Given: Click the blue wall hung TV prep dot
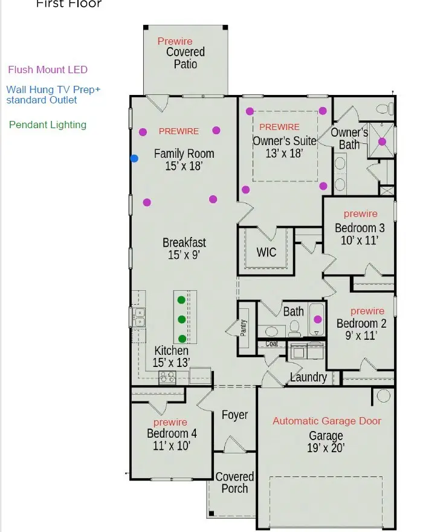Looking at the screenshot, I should [134, 158].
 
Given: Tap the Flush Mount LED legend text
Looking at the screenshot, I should [48, 70].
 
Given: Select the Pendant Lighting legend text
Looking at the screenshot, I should [48, 125].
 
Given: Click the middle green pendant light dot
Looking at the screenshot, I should [181, 319].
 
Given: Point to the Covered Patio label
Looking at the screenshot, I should [186, 58].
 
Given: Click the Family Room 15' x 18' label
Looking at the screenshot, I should [184, 160].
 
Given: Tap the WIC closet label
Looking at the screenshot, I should [267, 252].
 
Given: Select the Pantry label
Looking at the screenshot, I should [244, 328].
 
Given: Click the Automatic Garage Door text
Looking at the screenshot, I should [327, 421].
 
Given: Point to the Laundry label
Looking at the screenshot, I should [308, 377].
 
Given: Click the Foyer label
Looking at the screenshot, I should [234, 415].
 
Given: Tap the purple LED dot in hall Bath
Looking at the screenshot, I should [318, 320].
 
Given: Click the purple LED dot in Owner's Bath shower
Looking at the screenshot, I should [382, 141].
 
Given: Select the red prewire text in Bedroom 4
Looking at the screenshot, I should [170, 422].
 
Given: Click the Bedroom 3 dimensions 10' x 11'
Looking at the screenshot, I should [360, 240].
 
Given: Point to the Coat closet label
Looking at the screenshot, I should [271, 344].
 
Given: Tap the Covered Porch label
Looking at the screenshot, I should [234, 482].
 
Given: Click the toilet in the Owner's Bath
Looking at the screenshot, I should [382, 109].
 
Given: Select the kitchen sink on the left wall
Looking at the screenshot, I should [138, 317].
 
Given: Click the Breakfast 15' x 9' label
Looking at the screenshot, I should [184, 248].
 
